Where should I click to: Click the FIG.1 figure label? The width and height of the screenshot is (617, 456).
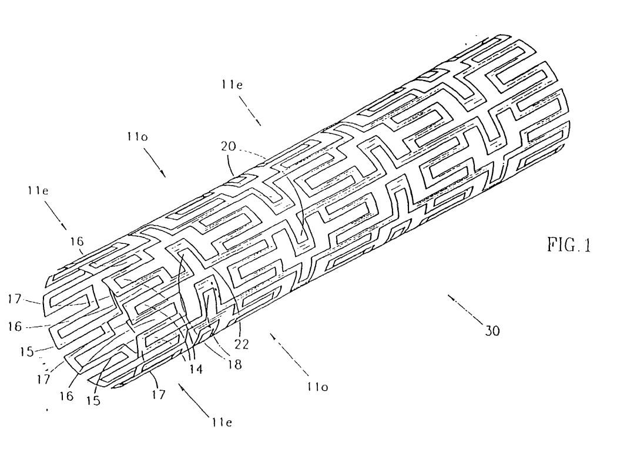pos(569,244)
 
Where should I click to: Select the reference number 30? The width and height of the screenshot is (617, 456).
pos(492,331)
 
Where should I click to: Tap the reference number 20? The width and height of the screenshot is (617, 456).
pos(228,146)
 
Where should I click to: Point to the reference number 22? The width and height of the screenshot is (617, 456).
pos(242,344)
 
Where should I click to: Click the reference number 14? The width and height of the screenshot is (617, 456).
pos(196,369)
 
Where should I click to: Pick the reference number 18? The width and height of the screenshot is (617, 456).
pos(234,364)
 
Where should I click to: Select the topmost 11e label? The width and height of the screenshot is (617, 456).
pos(232,85)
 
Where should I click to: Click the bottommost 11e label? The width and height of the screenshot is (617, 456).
pos(221,422)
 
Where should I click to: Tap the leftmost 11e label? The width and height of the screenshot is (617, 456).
pos(38,191)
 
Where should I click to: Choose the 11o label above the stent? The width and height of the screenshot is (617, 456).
pos(138,136)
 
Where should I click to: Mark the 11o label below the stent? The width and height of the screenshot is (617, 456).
pos(317,387)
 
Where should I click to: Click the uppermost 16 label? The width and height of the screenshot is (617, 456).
pos(77,241)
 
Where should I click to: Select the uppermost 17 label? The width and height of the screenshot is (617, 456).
pos(14,299)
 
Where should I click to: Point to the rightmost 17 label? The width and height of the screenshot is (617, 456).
pos(159,394)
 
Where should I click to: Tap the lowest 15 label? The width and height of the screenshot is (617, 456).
pos(93,400)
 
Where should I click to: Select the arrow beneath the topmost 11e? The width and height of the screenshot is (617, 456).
pos(250,111)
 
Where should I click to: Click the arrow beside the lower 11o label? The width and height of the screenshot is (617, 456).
pos(287,353)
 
